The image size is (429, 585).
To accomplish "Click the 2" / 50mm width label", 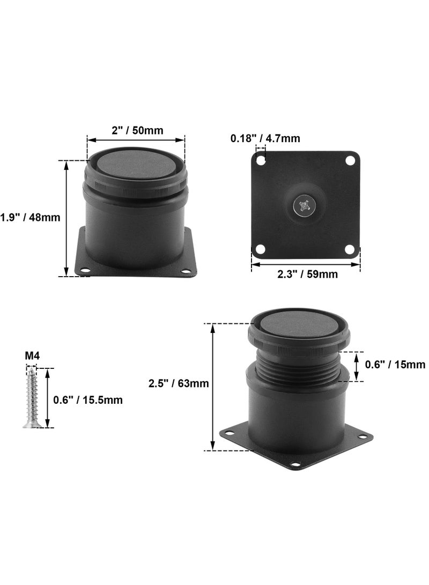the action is (137, 130).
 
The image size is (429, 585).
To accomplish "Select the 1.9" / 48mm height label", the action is (30, 217).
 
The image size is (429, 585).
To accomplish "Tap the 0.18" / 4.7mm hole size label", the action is (265, 138).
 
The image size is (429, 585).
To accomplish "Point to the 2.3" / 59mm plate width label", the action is (307, 274).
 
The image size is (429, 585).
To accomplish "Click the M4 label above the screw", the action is (32, 356).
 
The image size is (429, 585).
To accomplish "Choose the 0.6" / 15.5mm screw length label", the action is (87, 400).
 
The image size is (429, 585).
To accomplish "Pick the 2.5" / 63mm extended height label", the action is (179, 383).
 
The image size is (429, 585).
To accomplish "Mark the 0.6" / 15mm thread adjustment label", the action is (395, 365).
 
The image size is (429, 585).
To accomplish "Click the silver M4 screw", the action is (31, 398).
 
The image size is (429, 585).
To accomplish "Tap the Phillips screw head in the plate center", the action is (302, 205).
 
